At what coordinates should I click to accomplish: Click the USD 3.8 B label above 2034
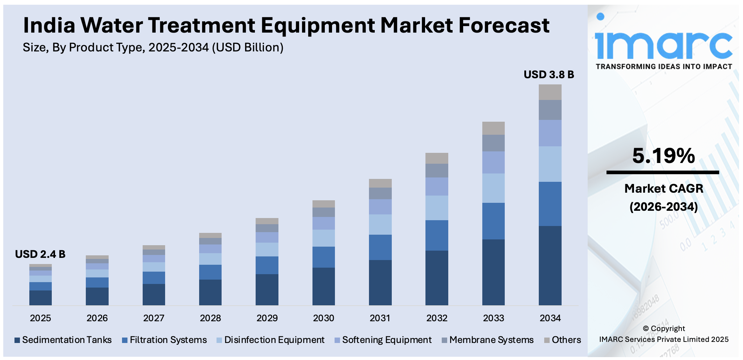549,75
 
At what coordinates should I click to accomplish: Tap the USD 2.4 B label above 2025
40,254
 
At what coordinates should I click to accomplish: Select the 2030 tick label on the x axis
323,318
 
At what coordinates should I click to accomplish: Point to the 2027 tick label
154,318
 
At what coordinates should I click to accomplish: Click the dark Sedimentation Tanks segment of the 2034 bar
550,265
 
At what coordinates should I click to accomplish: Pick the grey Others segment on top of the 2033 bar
493,128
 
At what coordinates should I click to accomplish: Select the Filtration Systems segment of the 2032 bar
436,235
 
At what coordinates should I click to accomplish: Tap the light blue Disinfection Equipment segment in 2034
550,164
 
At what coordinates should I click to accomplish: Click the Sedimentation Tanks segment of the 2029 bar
267,290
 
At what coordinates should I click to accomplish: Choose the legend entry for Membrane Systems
491,340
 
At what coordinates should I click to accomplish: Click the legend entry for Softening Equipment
386,340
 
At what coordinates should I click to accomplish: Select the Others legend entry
566,340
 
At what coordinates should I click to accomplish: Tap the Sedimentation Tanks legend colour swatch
17,340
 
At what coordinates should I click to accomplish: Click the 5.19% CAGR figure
663,156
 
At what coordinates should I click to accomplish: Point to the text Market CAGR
664,189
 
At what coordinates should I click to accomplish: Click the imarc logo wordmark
663,45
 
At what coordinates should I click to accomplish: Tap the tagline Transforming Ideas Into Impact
664,67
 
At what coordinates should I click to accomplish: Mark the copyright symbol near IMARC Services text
646,329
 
